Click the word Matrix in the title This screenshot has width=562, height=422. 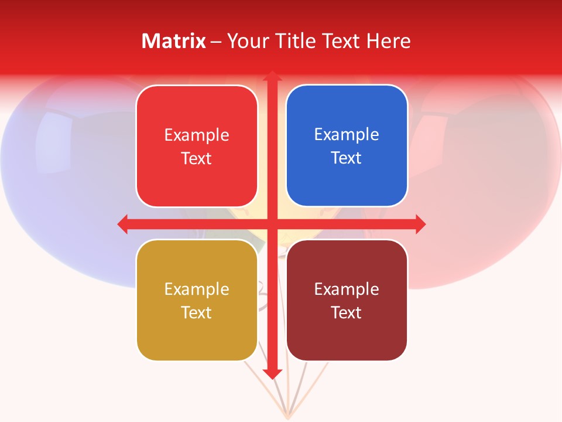tap(174, 41)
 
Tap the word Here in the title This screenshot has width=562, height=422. tap(388, 41)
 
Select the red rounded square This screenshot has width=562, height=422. tap(197, 146)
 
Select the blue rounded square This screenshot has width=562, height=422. tap(347, 145)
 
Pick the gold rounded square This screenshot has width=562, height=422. tap(197, 300)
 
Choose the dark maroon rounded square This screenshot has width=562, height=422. tap(347, 300)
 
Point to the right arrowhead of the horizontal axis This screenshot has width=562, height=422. tap(420, 224)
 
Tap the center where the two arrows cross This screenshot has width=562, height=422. tap(272, 224)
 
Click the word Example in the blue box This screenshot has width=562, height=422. tap(347, 134)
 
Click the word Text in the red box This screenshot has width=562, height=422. tap(197, 159)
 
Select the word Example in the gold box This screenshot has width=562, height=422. tap(197, 289)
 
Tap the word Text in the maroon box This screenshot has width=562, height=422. tap(347, 312)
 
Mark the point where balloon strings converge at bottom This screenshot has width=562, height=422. tap(287, 417)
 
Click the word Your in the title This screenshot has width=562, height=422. tap(246, 41)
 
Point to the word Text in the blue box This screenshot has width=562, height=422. tap(347, 158)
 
